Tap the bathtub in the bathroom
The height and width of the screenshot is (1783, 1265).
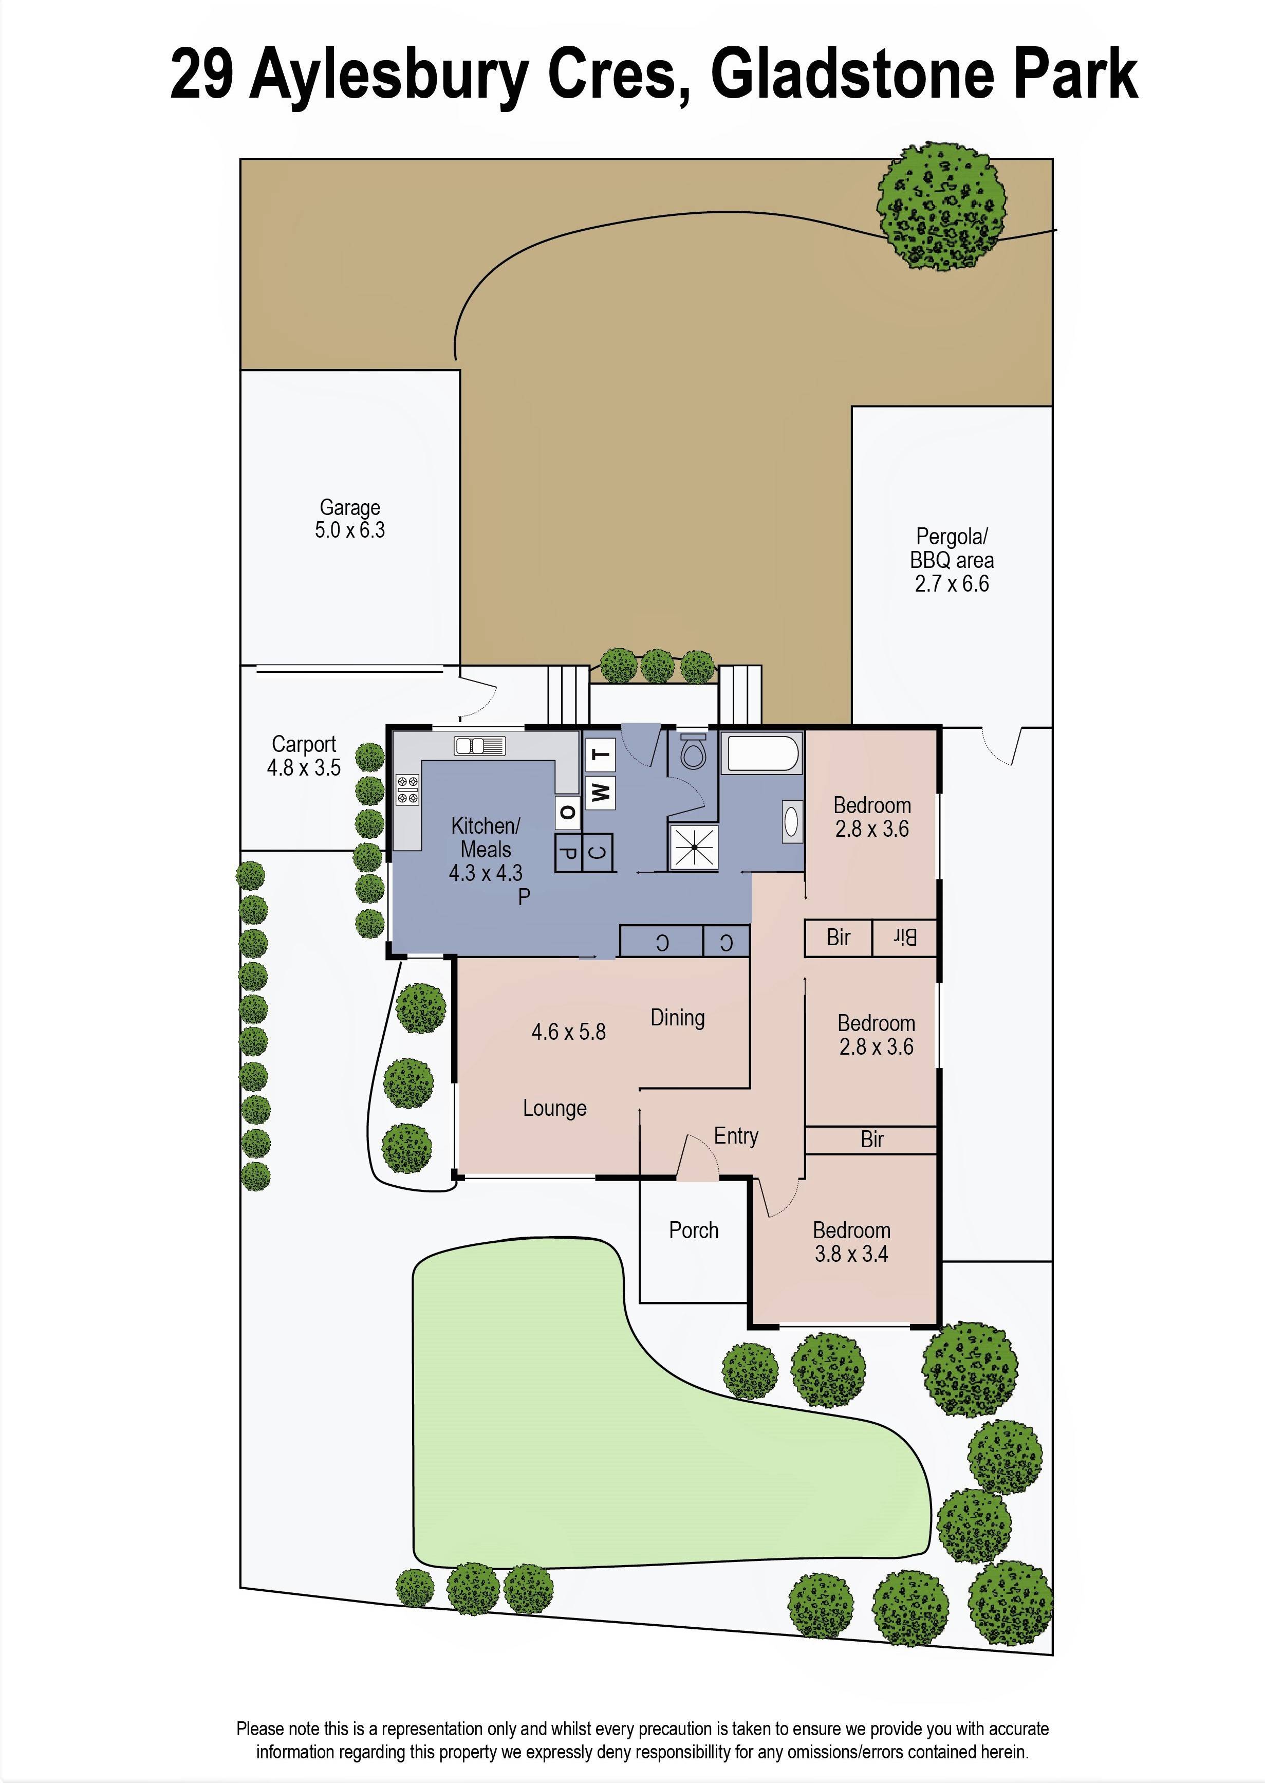761,753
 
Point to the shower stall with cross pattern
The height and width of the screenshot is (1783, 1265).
693,845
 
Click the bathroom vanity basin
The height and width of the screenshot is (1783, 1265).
791,821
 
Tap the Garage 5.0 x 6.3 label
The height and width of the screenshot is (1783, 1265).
350,519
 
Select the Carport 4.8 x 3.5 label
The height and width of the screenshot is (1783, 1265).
304,756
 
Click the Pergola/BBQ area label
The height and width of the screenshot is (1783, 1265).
951,560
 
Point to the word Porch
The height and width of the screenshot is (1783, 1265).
693,1230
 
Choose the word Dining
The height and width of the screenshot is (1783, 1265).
677,1018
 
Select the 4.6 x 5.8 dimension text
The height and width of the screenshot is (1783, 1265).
568,1032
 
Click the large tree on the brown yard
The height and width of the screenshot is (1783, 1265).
940,207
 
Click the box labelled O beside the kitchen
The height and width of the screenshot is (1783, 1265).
567,813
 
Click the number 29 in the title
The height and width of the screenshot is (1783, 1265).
201,75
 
